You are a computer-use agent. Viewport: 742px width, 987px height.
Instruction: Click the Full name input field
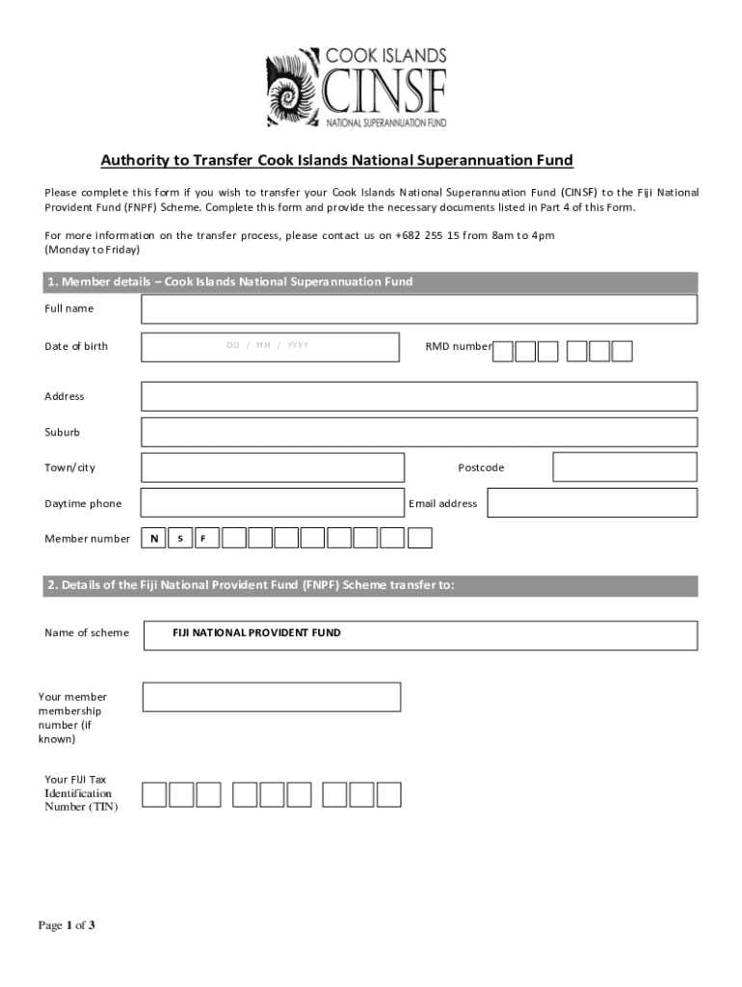click(419, 309)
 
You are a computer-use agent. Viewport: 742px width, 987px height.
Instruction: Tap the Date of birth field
click(270, 346)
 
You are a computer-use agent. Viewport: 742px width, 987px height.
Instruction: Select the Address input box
click(419, 396)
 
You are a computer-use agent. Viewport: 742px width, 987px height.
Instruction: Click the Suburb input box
click(419, 432)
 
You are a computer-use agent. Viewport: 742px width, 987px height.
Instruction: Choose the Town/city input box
click(273, 467)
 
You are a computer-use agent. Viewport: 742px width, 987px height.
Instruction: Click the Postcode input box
click(624, 467)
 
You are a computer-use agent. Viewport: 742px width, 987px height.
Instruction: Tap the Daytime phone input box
click(273, 503)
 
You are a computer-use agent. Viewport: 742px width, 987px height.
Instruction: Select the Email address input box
click(592, 503)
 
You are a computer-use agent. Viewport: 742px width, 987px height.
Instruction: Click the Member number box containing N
click(154, 538)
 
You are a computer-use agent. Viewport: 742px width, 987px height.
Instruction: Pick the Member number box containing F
click(204, 538)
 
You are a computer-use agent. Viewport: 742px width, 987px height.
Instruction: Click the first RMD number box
click(502, 351)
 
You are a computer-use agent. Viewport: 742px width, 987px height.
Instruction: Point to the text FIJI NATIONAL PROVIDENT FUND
click(256, 633)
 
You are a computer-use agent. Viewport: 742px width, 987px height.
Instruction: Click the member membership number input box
click(272, 697)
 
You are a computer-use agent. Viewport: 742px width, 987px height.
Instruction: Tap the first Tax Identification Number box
click(154, 794)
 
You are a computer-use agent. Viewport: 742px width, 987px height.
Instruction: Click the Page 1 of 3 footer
click(66, 926)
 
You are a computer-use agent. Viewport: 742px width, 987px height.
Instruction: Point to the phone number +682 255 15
click(426, 235)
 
